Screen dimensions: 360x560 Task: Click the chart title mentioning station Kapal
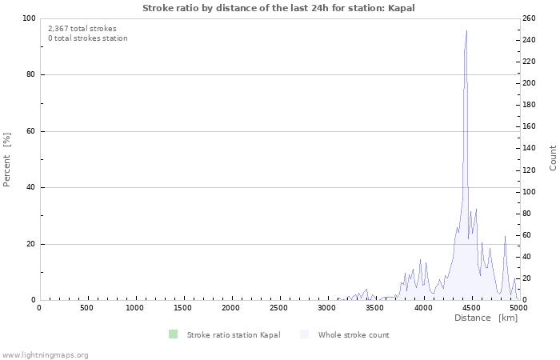(278, 8)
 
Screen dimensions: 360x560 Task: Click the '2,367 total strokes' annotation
(82, 29)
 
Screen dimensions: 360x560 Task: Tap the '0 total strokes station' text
(88, 38)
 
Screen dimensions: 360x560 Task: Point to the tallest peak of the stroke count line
(466, 30)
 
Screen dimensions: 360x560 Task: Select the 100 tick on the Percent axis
(29, 18)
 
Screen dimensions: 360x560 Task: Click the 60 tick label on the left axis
(31, 131)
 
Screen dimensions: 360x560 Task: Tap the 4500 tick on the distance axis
(470, 308)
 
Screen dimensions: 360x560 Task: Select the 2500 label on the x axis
(278, 308)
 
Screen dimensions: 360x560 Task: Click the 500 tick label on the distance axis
(86, 308)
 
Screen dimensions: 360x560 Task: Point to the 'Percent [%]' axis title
(7, 160)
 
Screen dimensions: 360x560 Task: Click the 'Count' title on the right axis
(553, 158)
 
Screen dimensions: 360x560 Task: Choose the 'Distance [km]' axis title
(486, 318)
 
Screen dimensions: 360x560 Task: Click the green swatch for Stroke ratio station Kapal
(173, 334)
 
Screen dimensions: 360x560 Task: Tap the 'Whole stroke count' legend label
(353, 335)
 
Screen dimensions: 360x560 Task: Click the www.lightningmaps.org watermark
(45, 354)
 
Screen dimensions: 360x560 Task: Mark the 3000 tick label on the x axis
(326, 308)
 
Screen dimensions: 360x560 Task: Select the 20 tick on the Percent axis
(31, 244)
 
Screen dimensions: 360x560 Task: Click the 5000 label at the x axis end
(518, 308)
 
